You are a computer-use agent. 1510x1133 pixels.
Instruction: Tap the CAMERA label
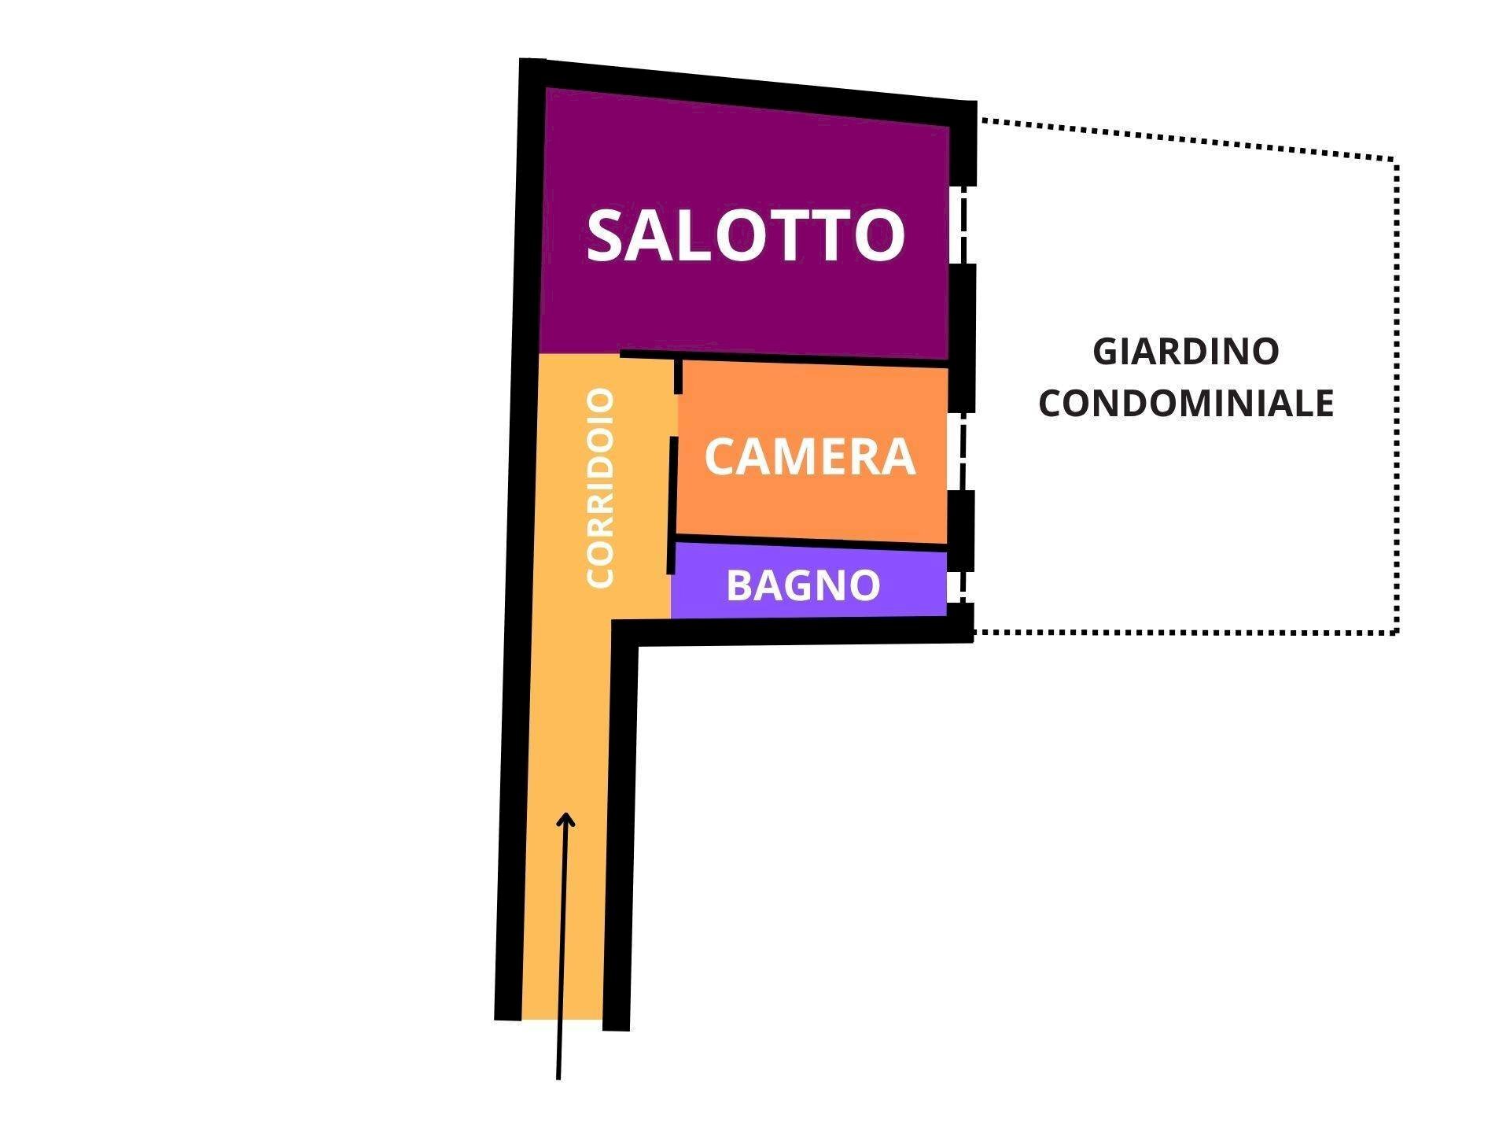click(810, 456)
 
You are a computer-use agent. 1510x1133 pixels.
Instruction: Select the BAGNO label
click(803, 585)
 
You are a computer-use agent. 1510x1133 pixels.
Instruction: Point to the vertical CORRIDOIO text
click(600, 488)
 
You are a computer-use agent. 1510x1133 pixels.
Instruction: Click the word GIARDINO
click(1186, 351)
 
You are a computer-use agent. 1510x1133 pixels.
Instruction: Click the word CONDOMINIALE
click(1186, 403)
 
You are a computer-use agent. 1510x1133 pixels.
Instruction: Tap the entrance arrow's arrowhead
click(565, 820)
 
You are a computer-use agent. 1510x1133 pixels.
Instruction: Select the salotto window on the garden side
click(959, 225)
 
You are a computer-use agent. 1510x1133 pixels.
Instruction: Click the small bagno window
click(956, 587)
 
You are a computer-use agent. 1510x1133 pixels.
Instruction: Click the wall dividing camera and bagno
click(810, 543)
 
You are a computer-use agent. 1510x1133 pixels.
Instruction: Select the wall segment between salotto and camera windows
click(962, 338)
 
